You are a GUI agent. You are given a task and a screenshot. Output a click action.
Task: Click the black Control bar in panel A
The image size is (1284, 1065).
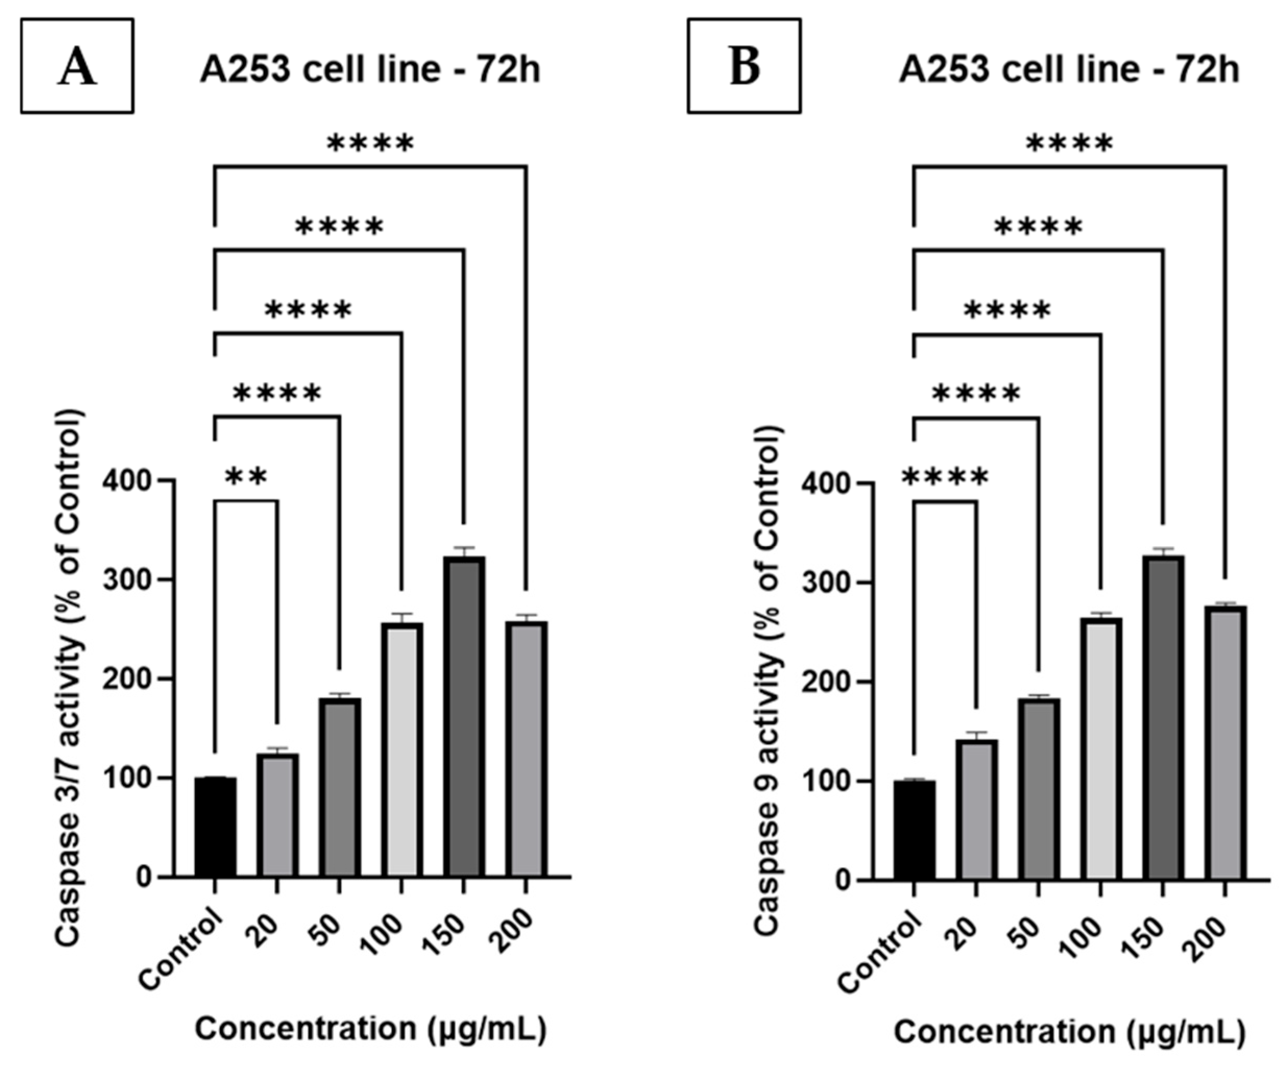tap(215, 827)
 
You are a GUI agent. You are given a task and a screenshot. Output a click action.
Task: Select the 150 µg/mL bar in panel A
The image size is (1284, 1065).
tap(464, 716)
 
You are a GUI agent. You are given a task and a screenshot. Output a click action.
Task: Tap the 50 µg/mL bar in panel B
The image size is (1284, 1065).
tap(1039, 789)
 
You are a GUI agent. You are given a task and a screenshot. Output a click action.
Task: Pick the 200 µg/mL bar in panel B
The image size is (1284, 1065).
tap(1225, 743)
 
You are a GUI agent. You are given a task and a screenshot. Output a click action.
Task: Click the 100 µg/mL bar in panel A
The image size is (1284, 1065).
tap(402, 750)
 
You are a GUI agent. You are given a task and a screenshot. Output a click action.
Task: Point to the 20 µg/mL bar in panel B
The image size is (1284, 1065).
tap(976, 810)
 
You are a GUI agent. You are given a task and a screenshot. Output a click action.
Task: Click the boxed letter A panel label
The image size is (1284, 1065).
tap(77, 66)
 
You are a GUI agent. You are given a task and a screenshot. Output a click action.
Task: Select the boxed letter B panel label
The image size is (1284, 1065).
tap(744, 66)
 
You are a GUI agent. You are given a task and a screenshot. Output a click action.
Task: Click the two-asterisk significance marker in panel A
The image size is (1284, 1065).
tap(247, 477)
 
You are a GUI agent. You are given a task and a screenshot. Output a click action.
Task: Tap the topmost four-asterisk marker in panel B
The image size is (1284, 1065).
tap(1070, 145)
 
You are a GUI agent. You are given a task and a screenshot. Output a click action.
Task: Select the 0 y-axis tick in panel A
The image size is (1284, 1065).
tap(144, 878)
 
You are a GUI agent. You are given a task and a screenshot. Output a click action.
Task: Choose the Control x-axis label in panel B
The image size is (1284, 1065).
tap(878, 960)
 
